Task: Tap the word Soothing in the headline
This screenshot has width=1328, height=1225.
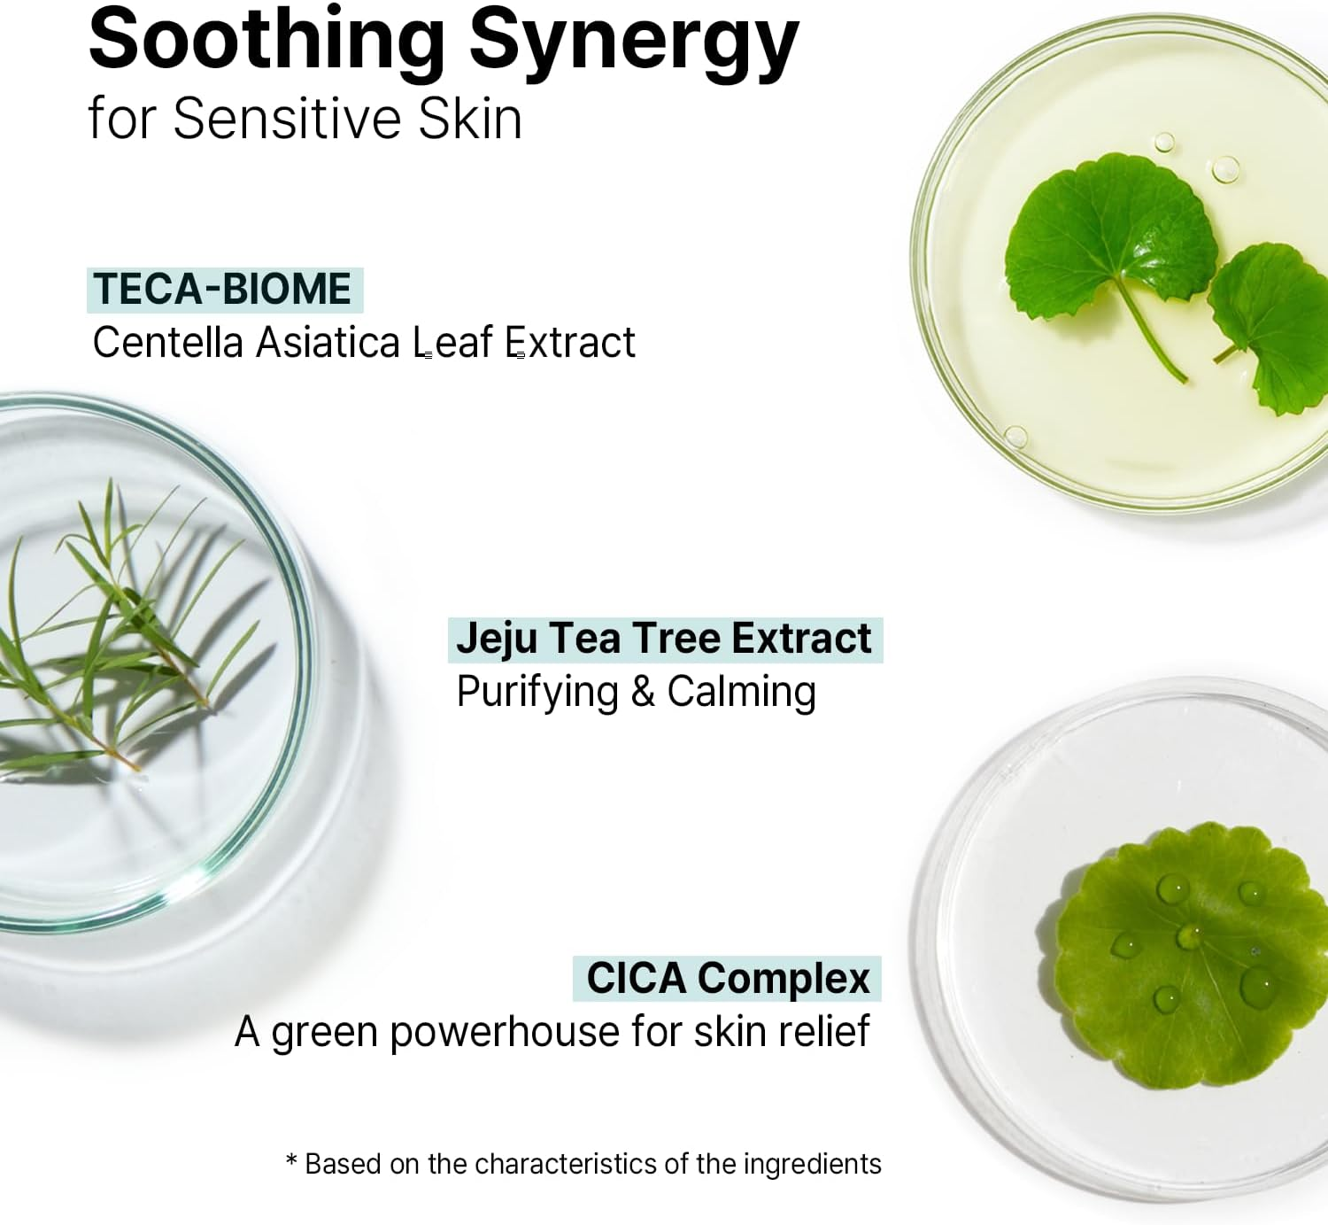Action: point(266,39)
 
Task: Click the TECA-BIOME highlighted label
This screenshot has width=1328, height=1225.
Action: point(224,290)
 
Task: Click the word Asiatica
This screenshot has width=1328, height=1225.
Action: point(328,343)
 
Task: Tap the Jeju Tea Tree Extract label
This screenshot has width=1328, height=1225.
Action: point(664,639)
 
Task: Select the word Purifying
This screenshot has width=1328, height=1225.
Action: point(537,693)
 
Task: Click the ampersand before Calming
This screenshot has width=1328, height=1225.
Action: point(643,692)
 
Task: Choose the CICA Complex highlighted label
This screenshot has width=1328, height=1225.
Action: point(728,979)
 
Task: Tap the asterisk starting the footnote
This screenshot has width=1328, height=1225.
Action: point(291,1160)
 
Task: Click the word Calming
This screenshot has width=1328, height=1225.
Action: point(741,692)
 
